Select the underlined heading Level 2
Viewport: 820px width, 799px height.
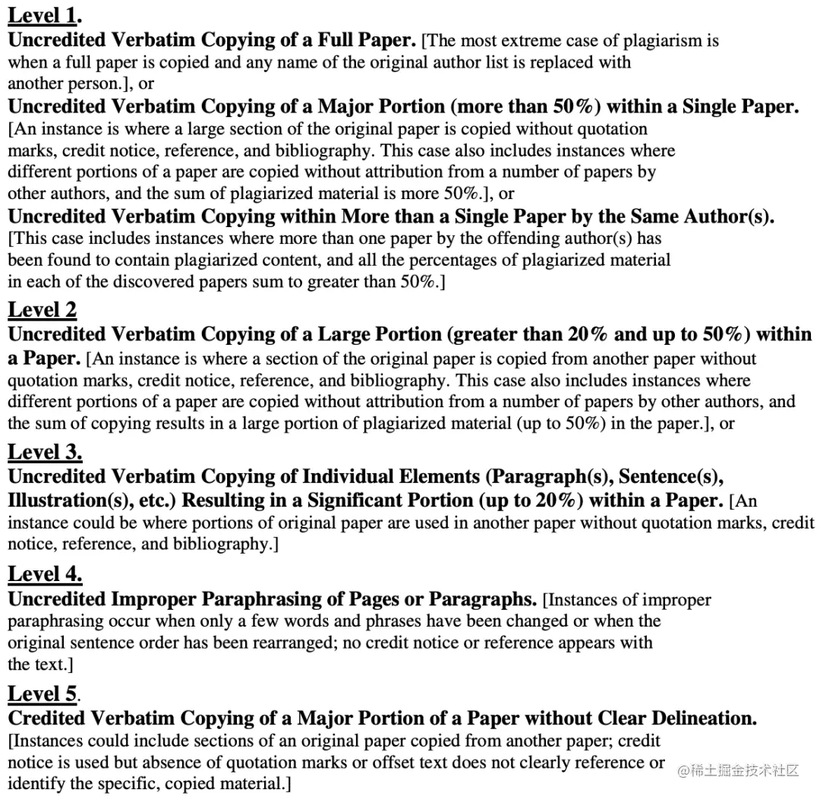tap(43, 311)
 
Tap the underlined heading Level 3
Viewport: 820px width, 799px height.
tap(44, 453)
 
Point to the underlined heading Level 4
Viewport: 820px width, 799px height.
tap(44, 575)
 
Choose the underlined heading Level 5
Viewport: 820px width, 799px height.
tap(43, 694)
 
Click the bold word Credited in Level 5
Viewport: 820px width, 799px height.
tap(54, 718)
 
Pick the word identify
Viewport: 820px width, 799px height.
tap(36, 784)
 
